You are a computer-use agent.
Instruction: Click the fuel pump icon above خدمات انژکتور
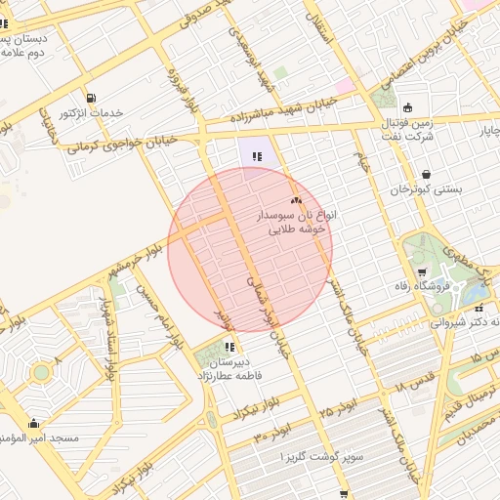[x=91, y=98]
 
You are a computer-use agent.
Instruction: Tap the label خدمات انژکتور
[x=92, y=113]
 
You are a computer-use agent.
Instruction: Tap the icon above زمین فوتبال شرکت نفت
[x=407, y=107]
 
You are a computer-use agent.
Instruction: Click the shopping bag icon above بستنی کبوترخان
[x=426, y=176]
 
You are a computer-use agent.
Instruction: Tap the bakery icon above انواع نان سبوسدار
[x=297, y=199]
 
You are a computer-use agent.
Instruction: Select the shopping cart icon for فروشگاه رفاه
[x=421, y=271]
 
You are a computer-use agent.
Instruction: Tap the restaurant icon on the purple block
[x=257, y=155]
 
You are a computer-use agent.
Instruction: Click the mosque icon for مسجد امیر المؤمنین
[x=34, y=424]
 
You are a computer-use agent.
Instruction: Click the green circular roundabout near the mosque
[x=41, y=372]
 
